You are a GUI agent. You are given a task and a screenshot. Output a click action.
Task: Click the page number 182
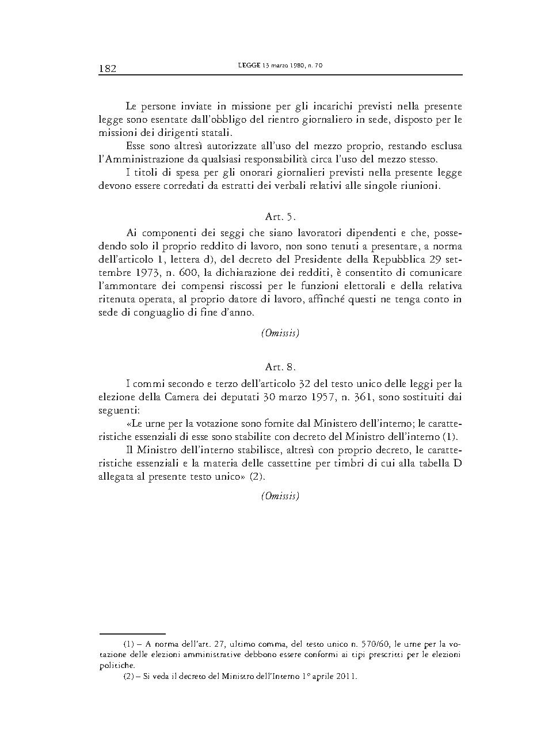click(108, 69)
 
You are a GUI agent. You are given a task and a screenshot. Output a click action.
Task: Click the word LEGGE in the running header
click(249, 66)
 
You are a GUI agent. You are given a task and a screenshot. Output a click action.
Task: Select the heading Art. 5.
click(280, 217)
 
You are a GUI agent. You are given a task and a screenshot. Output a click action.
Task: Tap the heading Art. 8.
click(280, 367)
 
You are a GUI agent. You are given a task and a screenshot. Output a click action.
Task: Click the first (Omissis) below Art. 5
click(280, 333)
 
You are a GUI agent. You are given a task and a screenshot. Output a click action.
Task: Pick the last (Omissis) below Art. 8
click(280, 496)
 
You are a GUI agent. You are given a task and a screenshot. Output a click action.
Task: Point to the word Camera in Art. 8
click(167, 397)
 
